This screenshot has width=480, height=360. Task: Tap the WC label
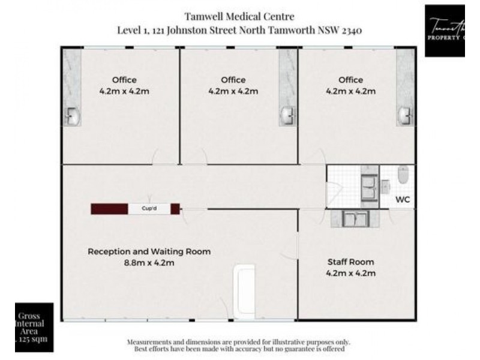402,200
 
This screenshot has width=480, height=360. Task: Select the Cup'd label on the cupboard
149,209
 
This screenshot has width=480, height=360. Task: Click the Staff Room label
350,262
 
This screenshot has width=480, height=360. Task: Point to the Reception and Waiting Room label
149,251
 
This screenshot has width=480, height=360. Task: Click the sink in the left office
73,115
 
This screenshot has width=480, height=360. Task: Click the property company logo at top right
445,31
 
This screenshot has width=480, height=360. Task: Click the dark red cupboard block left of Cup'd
109,209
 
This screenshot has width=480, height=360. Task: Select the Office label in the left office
124,80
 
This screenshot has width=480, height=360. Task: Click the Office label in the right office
350,80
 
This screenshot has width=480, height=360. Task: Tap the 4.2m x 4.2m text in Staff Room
350,274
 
